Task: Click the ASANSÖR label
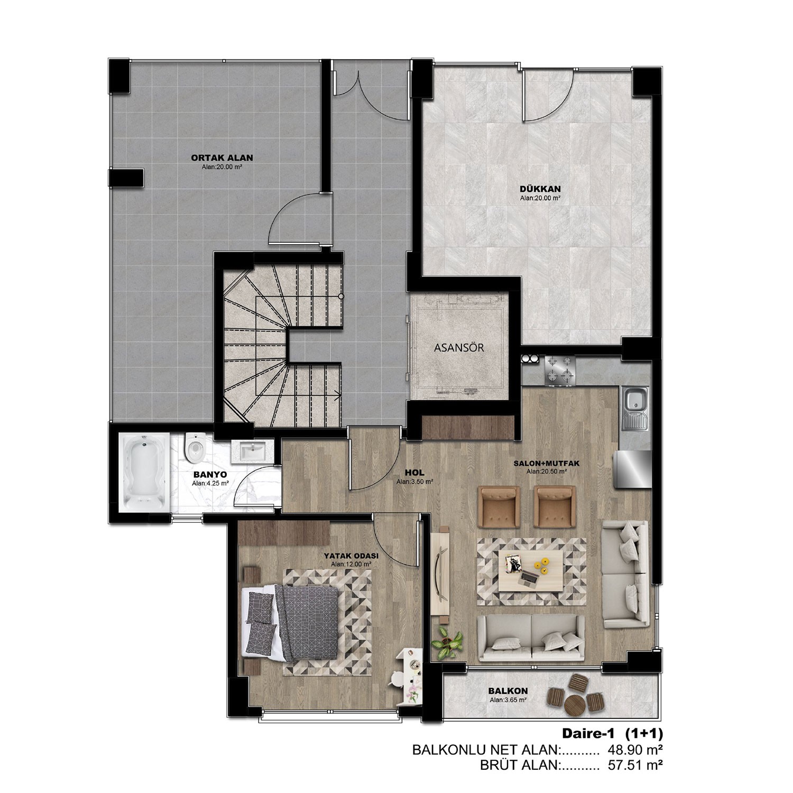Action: pos(459,348)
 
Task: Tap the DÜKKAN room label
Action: pos(540,188)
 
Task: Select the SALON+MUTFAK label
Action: pos(547,463)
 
